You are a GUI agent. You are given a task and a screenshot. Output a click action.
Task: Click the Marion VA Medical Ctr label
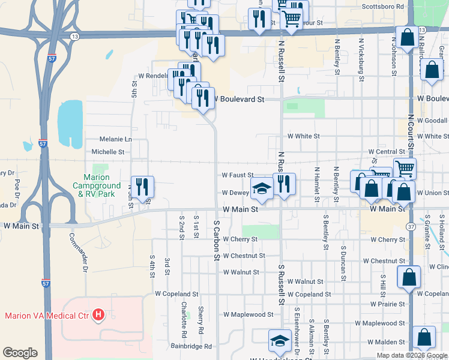tap(47, 316)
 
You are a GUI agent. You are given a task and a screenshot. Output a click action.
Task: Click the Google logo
tap(20, 353)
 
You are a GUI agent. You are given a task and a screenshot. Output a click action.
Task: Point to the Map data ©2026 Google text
tap(411, 355)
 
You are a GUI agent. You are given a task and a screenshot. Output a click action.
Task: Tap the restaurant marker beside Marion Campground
tap(143, 187)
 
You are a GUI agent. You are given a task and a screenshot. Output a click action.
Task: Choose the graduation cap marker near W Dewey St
tap(261, 189)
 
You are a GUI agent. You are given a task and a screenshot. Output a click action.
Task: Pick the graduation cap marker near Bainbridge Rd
tap(278, 341)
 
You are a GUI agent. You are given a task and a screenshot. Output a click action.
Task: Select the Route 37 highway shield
tap(411, 226)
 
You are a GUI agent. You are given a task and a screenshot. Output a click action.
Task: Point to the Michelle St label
tap(108, 152)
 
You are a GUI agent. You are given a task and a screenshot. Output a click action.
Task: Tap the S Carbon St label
tap(217, 239)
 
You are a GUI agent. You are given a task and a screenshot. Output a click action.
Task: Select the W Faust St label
tap(240, 175)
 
